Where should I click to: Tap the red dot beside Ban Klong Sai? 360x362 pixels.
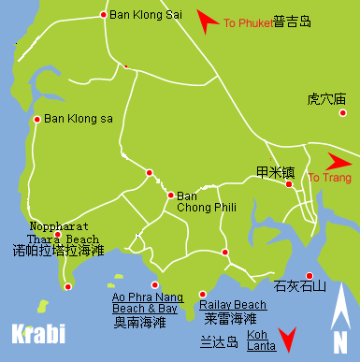[x=103, y=15]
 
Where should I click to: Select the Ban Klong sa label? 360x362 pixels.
[x=79, y=119]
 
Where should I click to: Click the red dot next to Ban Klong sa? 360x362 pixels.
[x=36, y=119]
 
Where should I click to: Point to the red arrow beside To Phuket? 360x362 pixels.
[x=209, y=20]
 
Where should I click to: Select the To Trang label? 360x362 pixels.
[x=326, y=178]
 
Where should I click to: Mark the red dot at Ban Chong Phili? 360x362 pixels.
[x=170, y=195]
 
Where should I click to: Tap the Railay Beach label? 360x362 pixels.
[x=233, y=305]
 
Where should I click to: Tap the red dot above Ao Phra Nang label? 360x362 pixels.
[x=155, y=285]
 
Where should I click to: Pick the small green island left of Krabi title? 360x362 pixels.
[x=42, y=305]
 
